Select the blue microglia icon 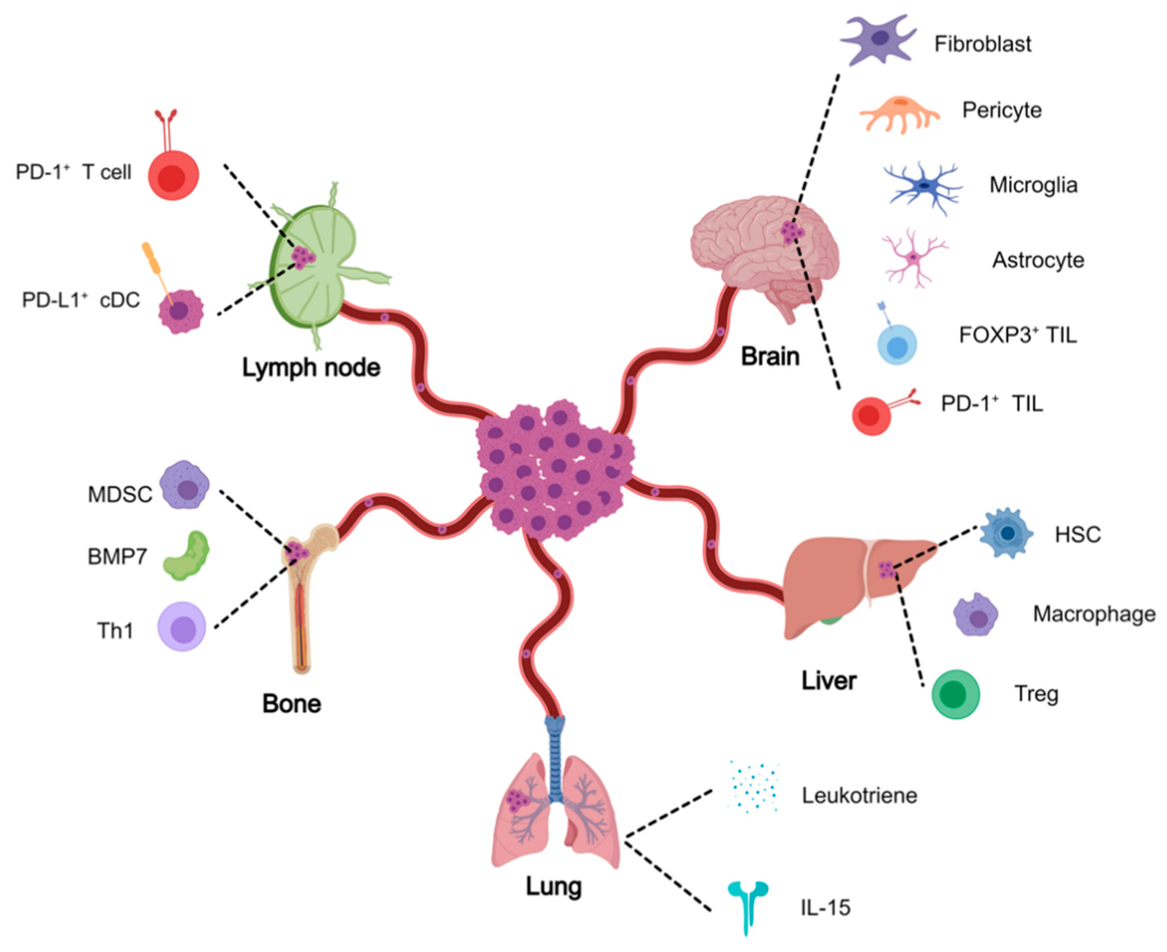pyautogui.click(x=923, y=187)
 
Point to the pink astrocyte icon pyautogui.click(x=913, y=258)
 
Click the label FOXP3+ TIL pyautogui.click(x=1018, y=334)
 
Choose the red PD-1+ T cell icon pyautogui.click(x=173, y=174)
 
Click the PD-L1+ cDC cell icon pyautogui.click(x=180, y=312)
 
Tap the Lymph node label pyautogui.click(x=311, y=368)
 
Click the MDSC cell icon pyautogui.click(x=185, y=485)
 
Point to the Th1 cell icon pyautogui.click(x=181, y=626)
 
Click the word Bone pyautogui.click(x=291, y=704)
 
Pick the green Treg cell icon pyautogui.click(x=955, y=694)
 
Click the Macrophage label pyautogui.click(x=1094, y=614)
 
